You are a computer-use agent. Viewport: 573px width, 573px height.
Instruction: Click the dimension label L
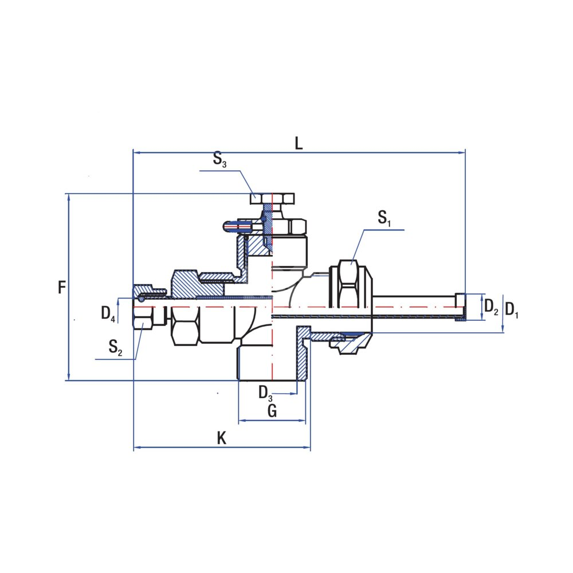pos(299,143)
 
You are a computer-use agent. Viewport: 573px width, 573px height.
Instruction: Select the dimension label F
pos(62,287)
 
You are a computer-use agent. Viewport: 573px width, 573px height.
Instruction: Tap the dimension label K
pos(222,439)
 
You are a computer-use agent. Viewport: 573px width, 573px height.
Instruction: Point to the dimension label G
pos(272,411)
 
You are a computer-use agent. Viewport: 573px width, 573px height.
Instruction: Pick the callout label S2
pos(115,347)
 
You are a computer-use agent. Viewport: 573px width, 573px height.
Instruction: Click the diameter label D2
pos(491,307)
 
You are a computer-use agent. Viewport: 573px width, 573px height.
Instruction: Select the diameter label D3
pos(265,393)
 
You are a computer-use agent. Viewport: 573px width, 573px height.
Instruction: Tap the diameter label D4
pos(108,313)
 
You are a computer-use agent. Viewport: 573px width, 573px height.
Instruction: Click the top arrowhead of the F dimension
pos(69,197)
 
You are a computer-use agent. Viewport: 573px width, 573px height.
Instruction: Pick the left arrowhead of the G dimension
pos(241,421)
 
